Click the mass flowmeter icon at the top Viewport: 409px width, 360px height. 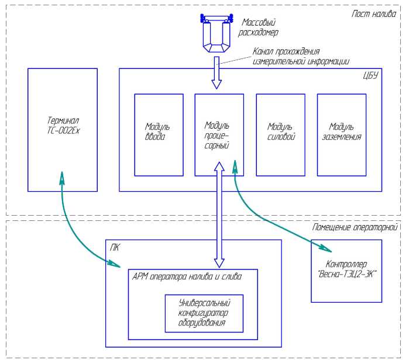coord(216,33)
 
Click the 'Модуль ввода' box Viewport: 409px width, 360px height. coord(159,134)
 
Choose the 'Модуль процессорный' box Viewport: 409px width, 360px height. coord(219,134)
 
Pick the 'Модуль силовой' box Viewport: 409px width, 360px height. coord(280,134)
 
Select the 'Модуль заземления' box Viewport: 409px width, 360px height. coord(341,134)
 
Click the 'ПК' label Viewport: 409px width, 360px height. coord(115,247)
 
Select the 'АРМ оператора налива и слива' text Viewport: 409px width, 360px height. coord(187,276)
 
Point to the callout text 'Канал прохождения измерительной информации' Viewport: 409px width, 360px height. coord(301,56)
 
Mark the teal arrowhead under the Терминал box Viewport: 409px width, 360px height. coord(61,177)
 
